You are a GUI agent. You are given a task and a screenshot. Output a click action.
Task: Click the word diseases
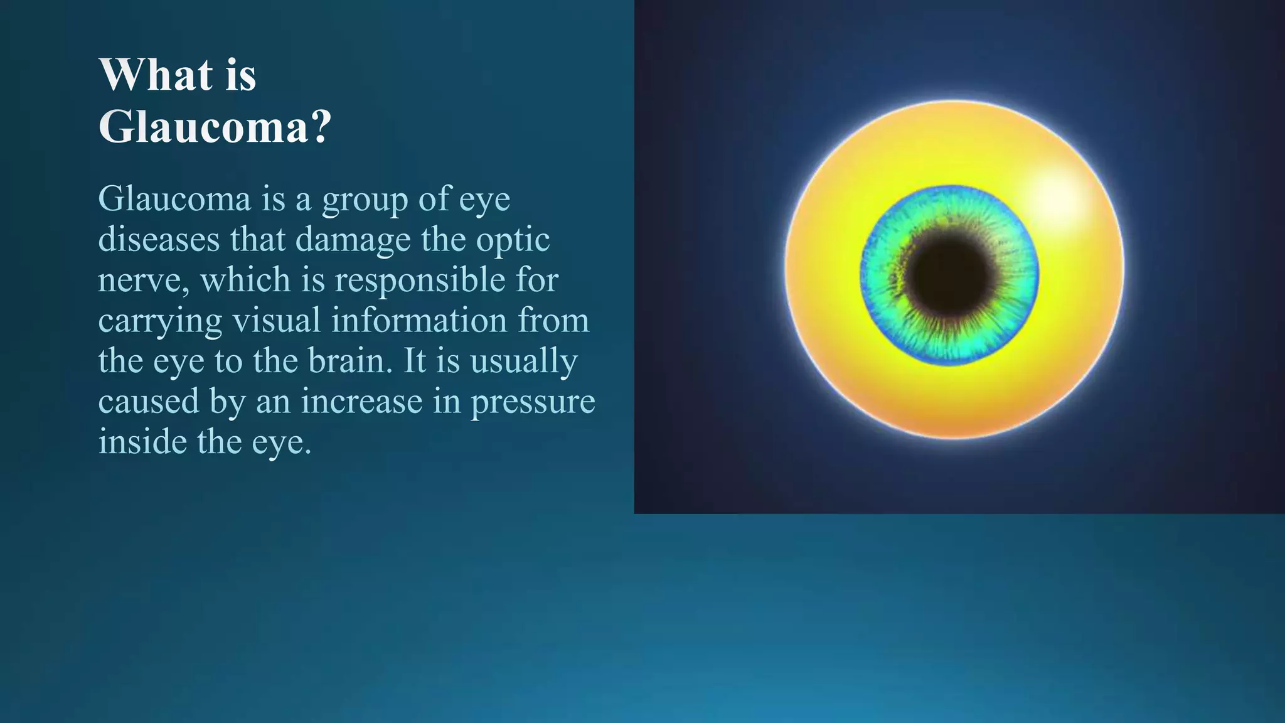pyautogui.click(x=159, y=239)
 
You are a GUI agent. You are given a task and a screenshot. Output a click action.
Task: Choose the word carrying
pyautogui.click(x=160, y=321)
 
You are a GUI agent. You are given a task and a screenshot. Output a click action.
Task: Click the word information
pyautogui.click(x=419, y=320)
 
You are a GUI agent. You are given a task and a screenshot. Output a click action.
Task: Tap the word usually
pyautogui.click(x=524, y=361)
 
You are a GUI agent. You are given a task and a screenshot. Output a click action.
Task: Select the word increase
pyautogui.click(x=361, y=401)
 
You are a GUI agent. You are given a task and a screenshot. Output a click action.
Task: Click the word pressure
pyautogui.click(x=533, y=402)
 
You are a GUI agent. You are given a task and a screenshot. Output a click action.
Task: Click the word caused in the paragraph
pyautogui.click(x=149, y=401)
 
